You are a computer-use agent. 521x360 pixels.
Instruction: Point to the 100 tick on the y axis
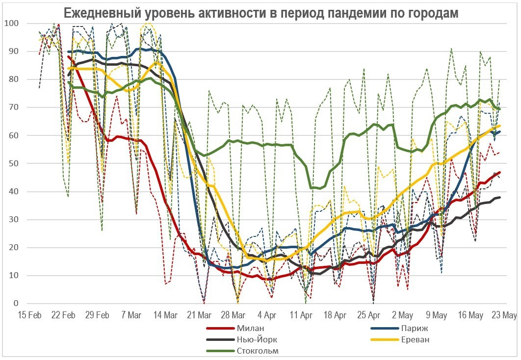(x=11, y=24)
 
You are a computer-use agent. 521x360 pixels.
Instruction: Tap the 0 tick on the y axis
(x=15, y=304)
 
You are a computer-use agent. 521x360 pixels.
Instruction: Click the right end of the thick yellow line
(x=500, y=126)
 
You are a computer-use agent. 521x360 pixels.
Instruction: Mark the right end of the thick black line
(x=500, y=198)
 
